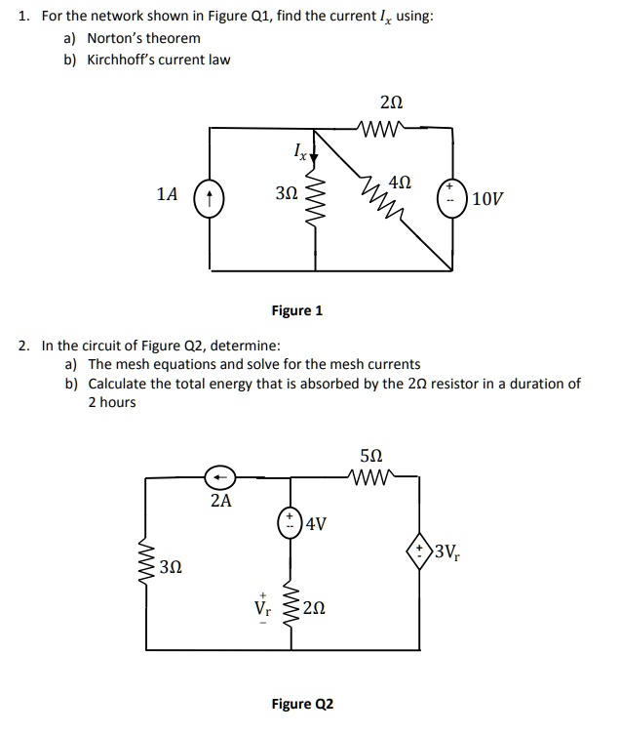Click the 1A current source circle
(210, 196)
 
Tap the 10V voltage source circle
(452, 195)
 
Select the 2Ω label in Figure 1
(391, 102)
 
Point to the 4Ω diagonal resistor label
(400, 183)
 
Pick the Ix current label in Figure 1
(301, 151)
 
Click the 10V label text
(488, 199)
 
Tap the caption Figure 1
(297, 310)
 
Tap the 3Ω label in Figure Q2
(172, 566)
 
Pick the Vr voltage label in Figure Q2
(260, 607)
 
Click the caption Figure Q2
(302, 703)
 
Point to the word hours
(118, 402)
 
